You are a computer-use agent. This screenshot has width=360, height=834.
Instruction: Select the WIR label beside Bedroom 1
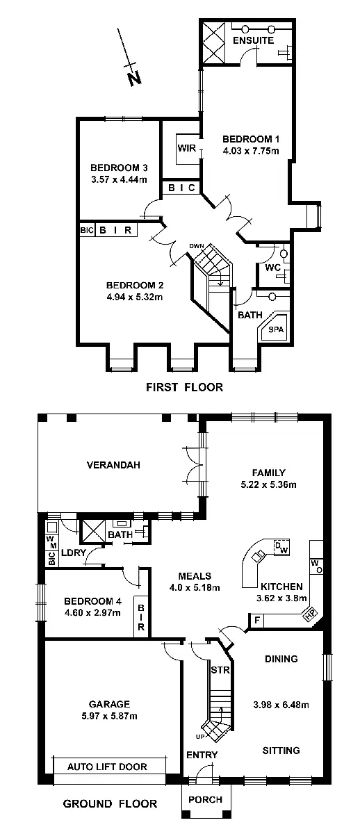tap(186, 148)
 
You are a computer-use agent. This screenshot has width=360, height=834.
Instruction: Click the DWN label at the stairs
tap(198, 247)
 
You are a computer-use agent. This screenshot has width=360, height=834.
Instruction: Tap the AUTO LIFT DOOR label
tap(107, 767)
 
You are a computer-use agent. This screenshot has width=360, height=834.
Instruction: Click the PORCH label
tap(205, 800)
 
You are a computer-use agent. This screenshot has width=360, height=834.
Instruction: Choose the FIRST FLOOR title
tap(184, 387)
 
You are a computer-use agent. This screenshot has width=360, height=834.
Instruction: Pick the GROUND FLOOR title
tap(110, 804)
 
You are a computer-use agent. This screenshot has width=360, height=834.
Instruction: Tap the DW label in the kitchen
tap(281, 547)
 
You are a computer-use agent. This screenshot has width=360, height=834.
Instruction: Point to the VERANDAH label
tap(109, 465)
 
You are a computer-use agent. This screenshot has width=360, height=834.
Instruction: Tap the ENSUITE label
tap(250, 42)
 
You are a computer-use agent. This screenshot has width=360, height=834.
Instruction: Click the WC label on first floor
tap(271, 268)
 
